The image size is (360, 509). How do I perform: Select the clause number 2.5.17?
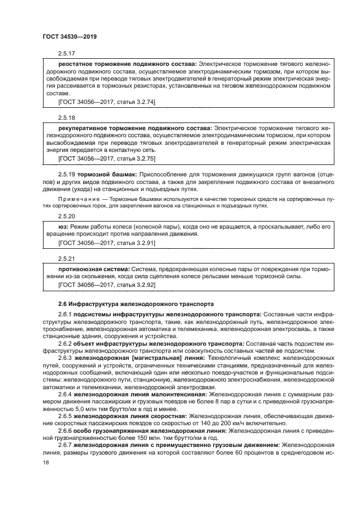(66, 54)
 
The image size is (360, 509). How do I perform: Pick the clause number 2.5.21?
(66, 257)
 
